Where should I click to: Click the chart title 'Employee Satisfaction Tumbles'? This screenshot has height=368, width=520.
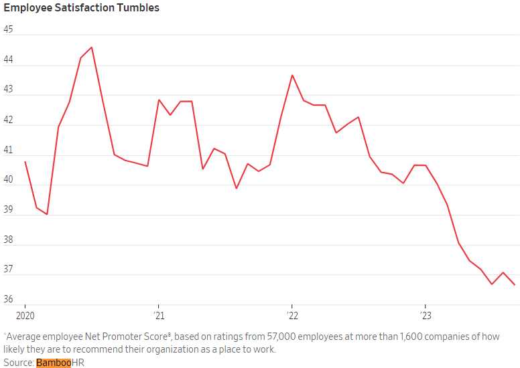click(x=82, y=9)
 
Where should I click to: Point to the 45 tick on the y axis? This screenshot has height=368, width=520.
click(x=9, y=29)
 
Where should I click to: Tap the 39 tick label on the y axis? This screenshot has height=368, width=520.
click(x=9, y=209)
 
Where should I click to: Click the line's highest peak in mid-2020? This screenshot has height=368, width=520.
click(x=92, y=48)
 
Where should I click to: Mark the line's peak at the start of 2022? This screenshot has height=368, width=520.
click(x=292, y=75)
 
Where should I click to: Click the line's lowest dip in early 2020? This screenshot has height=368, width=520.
click(x=47, y=214)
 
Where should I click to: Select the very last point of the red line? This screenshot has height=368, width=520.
click(x=514, y=285)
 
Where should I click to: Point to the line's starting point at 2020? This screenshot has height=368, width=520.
click(x=25, y=161)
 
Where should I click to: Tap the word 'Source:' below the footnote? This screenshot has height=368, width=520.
click(x=19, y=363)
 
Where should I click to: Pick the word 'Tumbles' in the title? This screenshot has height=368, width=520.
click(x=138, y=9)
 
